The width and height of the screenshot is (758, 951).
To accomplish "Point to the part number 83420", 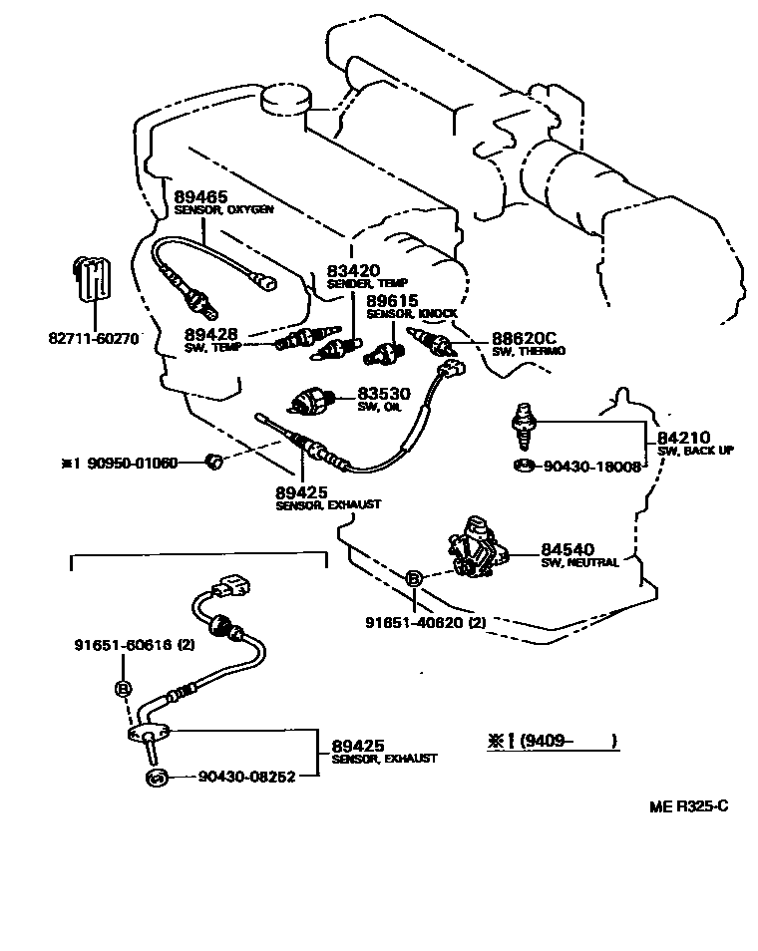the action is click(353, 270).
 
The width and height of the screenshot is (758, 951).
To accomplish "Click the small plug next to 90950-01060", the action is click(210, 460).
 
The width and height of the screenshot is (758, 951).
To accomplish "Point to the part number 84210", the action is click(682, 438).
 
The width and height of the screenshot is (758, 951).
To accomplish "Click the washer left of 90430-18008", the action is click(524, 466).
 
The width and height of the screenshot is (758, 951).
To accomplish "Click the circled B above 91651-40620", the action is click(412, 578).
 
